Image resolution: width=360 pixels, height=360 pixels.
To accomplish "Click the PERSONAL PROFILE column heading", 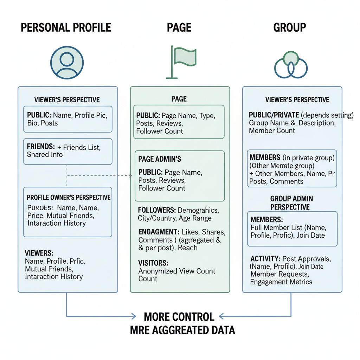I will [66, 27].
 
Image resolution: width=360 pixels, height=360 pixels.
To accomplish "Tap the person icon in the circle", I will [67, 63].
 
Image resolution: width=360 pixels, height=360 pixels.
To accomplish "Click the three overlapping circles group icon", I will [291, 65].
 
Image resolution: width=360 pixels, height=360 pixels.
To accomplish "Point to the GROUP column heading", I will [289, 27].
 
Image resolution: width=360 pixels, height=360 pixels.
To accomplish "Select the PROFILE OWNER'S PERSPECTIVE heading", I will [69, 198].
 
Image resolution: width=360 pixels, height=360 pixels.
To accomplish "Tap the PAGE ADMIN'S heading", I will [160, 159].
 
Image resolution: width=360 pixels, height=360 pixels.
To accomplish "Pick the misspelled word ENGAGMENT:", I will [158, 232].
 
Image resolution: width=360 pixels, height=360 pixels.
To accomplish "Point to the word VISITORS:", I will [153, 263].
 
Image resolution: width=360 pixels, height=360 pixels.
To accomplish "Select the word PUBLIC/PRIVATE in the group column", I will [274, 115].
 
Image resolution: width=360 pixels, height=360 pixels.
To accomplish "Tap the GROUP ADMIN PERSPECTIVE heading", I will [291, 203].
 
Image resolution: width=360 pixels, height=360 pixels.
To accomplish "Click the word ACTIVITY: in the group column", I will [265, 259].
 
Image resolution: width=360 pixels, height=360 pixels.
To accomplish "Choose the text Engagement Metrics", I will [281, 282].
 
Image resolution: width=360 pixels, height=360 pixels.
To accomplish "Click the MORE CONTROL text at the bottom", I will [179, 317].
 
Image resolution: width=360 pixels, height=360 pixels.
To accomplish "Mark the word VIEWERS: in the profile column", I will [39, 253].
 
